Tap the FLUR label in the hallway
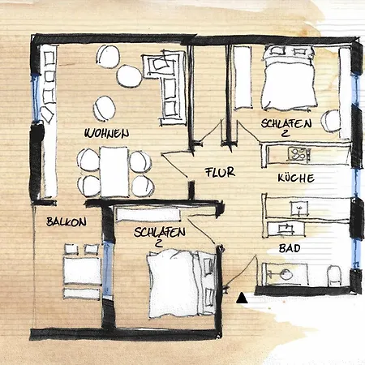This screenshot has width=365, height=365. pos(220,174)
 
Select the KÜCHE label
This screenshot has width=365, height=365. pos(294,178)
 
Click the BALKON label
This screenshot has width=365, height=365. pos(66,221)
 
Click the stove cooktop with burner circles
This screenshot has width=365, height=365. pos(298,153)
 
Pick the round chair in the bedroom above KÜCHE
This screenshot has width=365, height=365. pos(331,121)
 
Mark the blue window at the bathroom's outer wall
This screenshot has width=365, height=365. pos(354,258)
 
